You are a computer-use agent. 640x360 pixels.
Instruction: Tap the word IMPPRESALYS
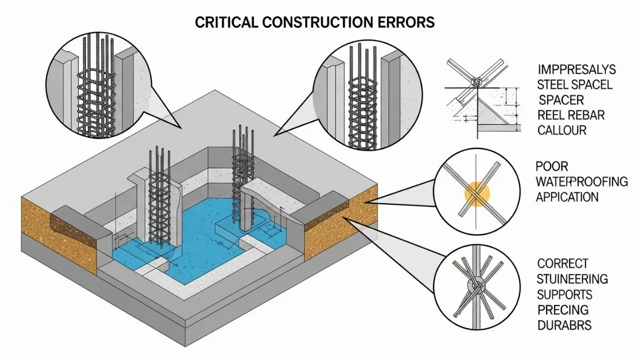(577, 69)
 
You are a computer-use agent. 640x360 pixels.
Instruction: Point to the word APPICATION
(567, 197)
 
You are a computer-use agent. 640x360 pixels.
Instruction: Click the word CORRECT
(563, 263)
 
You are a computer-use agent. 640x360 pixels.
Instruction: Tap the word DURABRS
(564, 325)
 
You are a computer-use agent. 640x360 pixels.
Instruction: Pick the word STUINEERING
(572, 279)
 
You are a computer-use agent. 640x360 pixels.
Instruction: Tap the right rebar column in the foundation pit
(242, 176)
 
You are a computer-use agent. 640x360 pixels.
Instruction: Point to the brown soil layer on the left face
(59, 235)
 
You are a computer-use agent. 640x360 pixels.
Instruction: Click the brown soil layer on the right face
(341, 224)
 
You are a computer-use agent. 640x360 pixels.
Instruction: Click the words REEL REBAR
(571, 115)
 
